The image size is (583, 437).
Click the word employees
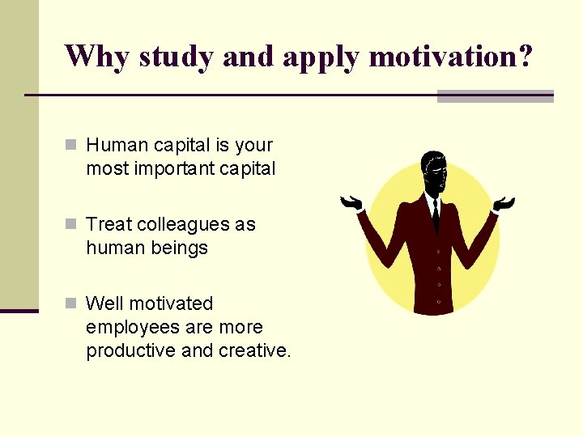(130, 327)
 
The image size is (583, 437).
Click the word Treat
(108, 224)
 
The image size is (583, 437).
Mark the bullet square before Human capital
(72, 146)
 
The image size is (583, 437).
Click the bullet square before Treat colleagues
(72, 224)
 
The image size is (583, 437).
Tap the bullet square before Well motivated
(72, 303)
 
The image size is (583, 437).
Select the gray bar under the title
(495, 96)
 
